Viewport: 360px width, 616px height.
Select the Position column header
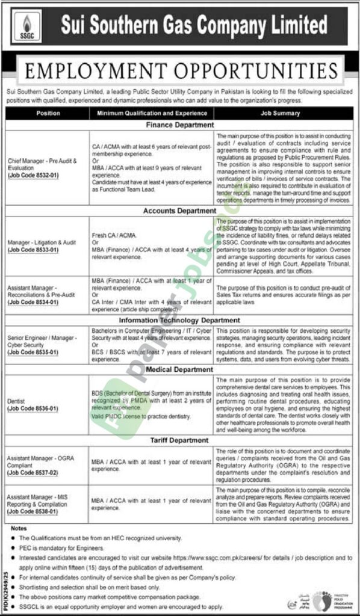[48, 113]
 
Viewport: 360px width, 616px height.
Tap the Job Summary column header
[280, 113]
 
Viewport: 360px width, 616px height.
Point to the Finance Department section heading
[179, 125]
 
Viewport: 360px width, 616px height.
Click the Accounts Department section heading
[179, 211]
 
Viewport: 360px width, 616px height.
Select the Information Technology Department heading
[179, 321]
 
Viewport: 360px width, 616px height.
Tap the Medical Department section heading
[179, 369]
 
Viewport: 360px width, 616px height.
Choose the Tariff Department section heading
[179, 440]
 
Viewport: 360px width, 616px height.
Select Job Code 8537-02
[33, 474]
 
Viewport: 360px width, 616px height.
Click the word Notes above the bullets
[19, 528]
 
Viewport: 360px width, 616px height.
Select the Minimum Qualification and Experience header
[151, 113]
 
